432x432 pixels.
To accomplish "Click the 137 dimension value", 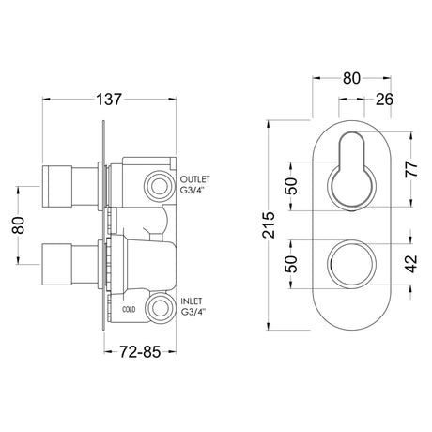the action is [x=109, y=100].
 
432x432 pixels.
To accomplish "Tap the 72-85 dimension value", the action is [x=140, y=352].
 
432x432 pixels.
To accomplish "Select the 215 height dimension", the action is [x=270, y=225].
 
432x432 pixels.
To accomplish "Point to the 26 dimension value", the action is [x=384, y=100].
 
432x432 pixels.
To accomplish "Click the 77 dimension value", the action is [x=412, y=169].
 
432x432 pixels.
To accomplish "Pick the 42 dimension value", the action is [x=412, y=264].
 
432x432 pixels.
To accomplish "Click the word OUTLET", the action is [x=195, y=179].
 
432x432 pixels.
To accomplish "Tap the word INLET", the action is [x=192, y=301].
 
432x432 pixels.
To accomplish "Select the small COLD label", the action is [x=129, y=310].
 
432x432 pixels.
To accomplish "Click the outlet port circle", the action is [x=158, y=187].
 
